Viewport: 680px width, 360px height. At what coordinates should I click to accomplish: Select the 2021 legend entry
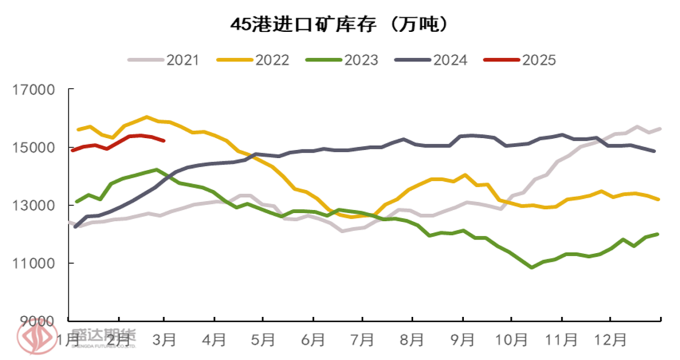tap(164, 60)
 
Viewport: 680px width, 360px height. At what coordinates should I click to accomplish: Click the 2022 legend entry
tap(253, 60)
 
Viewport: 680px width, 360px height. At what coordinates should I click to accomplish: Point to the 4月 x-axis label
tap(215, 340)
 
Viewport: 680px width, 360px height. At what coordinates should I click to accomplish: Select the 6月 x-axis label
tap(314, 340)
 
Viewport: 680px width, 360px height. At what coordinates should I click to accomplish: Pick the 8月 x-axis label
tap(412, 340)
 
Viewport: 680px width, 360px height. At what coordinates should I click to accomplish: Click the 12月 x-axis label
tap(610, 340)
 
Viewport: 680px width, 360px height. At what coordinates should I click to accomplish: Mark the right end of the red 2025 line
tap(164, 141)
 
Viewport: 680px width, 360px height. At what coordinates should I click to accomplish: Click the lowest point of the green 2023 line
tap(532, 267)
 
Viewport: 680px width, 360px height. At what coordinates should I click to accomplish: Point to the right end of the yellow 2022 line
tap(659, 200)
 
